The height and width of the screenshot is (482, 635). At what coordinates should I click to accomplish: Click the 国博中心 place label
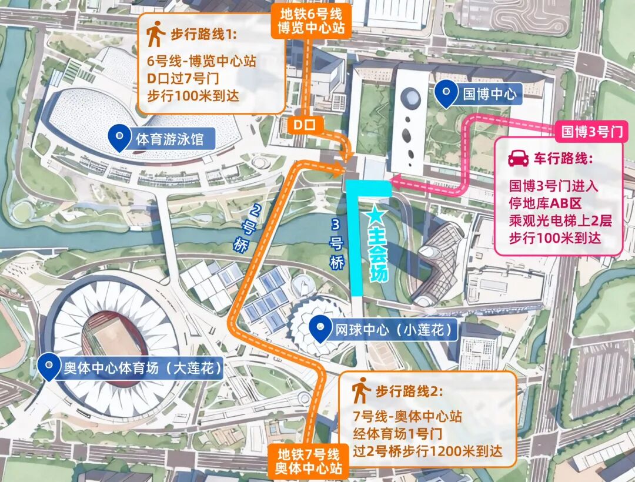(489, 94)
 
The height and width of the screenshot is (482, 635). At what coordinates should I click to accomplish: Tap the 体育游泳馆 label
(169, 139)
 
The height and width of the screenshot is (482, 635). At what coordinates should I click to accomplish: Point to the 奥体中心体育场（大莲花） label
(142, 369)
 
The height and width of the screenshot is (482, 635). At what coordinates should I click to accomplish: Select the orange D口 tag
(305, 125)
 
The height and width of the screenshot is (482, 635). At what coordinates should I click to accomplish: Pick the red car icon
(518, 159)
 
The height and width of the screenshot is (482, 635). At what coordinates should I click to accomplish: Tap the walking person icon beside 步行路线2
(359, 390)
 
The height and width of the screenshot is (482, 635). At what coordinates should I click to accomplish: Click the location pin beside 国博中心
(448, 93)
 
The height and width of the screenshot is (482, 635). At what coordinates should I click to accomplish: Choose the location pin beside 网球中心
(320, 329)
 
